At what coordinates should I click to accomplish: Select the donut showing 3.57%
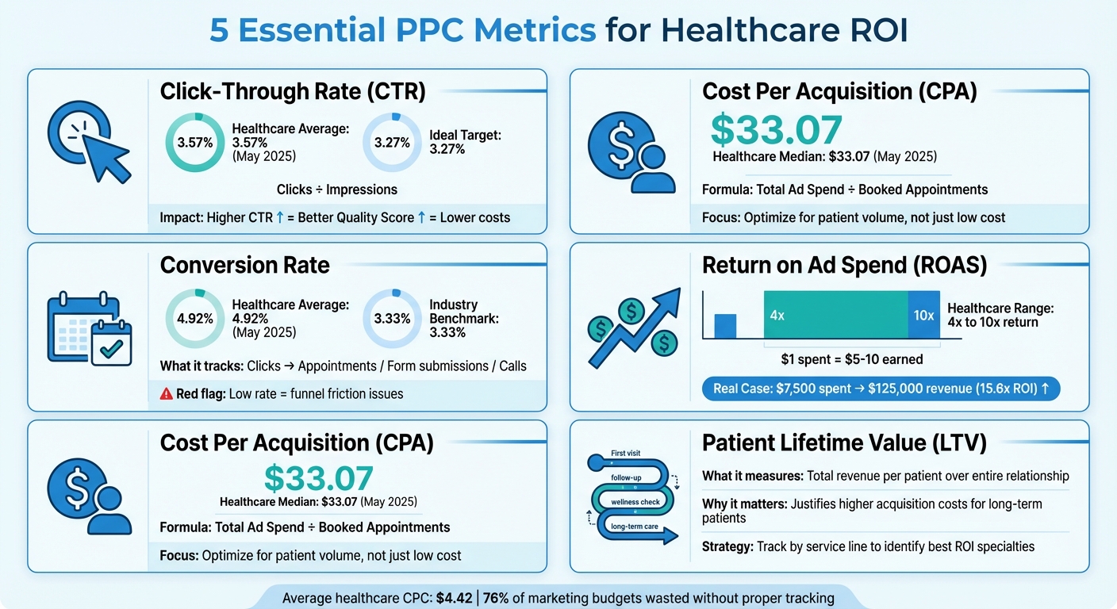[x=194, y=143]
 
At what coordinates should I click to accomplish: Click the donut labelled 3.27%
[x=392, y=143]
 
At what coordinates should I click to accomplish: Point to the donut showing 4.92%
[x=194, y=319]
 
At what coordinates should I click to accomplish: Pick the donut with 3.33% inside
[x=392, y=319]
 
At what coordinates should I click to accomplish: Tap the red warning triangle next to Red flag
[x=167, y=394]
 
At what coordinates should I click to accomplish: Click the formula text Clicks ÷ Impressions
[x=336, y=190]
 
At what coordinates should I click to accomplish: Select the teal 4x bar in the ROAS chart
[x=835, y=316]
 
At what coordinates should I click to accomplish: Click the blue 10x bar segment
[x=923, y=316]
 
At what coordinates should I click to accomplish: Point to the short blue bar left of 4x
[x=725, y=326]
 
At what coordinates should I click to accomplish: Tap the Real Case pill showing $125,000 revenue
[x=881, y=389]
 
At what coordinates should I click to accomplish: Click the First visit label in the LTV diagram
[x=625, y=454]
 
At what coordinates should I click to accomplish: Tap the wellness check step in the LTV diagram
[x=635, y=502]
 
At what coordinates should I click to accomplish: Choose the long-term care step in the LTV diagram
[x=635, y=526]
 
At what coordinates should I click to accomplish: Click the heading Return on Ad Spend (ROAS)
[x=844, y=265]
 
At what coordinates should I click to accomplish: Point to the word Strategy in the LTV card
[x=727, y=546]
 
